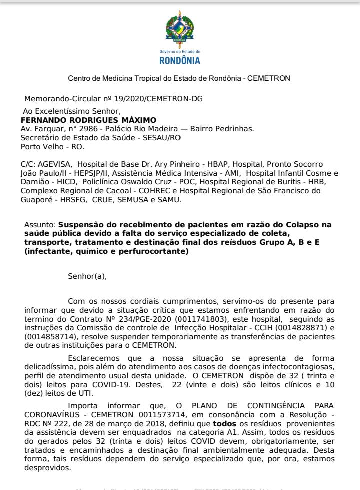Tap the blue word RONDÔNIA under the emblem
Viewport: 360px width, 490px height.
179,61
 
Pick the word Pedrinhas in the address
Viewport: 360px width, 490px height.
237,129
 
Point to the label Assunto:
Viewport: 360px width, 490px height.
40,225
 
